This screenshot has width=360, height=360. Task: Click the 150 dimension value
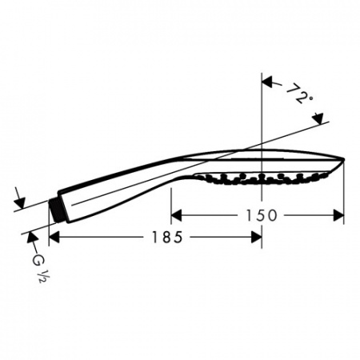click(x=261, y=215)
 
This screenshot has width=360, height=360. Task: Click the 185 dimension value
click(x=167, y=237)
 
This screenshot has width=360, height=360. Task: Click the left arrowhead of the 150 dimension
click(x=176, y=215)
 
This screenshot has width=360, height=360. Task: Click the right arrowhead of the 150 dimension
click(x=338, y=215)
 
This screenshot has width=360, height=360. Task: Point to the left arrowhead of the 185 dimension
click(x=54, y=237)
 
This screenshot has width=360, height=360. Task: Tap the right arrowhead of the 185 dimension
click(x=256, y=237)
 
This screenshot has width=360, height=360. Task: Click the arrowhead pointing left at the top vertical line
click(x=267, y=82)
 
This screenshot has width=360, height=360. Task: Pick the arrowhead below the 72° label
click(x=318, y=118)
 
